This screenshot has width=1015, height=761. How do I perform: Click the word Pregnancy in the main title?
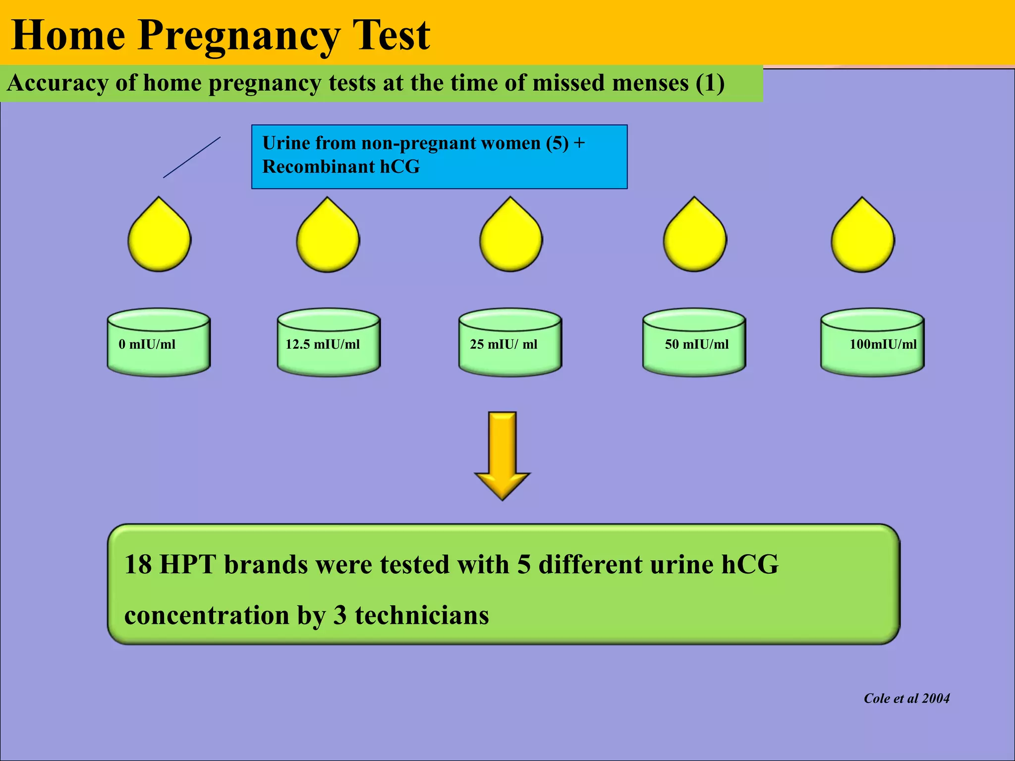point(238,36)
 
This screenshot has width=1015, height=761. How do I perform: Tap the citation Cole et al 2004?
point(906,698)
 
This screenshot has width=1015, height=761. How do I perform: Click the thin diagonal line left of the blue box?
point(192,157)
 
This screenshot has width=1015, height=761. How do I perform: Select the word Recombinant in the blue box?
point(318,167)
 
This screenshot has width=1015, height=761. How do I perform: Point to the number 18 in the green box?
point(137,564)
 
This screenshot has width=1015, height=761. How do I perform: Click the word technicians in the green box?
point(421,615)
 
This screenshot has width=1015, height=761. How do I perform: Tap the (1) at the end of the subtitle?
point(710,83)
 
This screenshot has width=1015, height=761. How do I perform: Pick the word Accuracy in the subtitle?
point(57,83)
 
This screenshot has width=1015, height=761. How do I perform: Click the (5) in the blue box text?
point(557,143)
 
